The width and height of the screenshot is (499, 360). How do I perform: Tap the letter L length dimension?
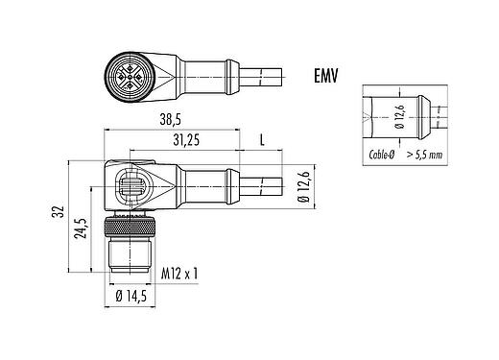tap(263, 141)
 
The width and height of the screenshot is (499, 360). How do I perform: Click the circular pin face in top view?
tap(126, 73)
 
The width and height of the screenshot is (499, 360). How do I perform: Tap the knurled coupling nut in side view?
tap(127, 229)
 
